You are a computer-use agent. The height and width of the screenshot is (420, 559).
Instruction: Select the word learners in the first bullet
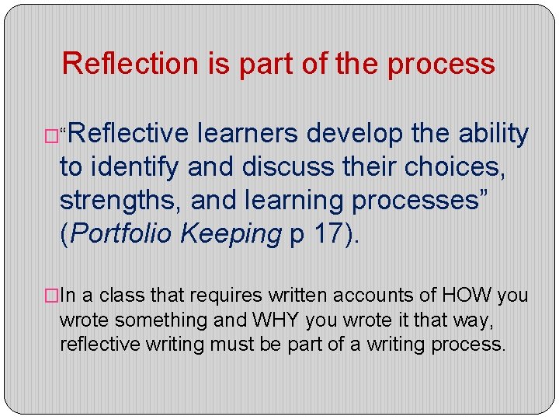(247, 134)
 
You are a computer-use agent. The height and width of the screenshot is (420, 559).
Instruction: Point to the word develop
(356, 134)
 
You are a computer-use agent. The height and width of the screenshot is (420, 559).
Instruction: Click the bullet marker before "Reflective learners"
(52, 136)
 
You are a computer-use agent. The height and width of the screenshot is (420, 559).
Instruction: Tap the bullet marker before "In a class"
(52, 296)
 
